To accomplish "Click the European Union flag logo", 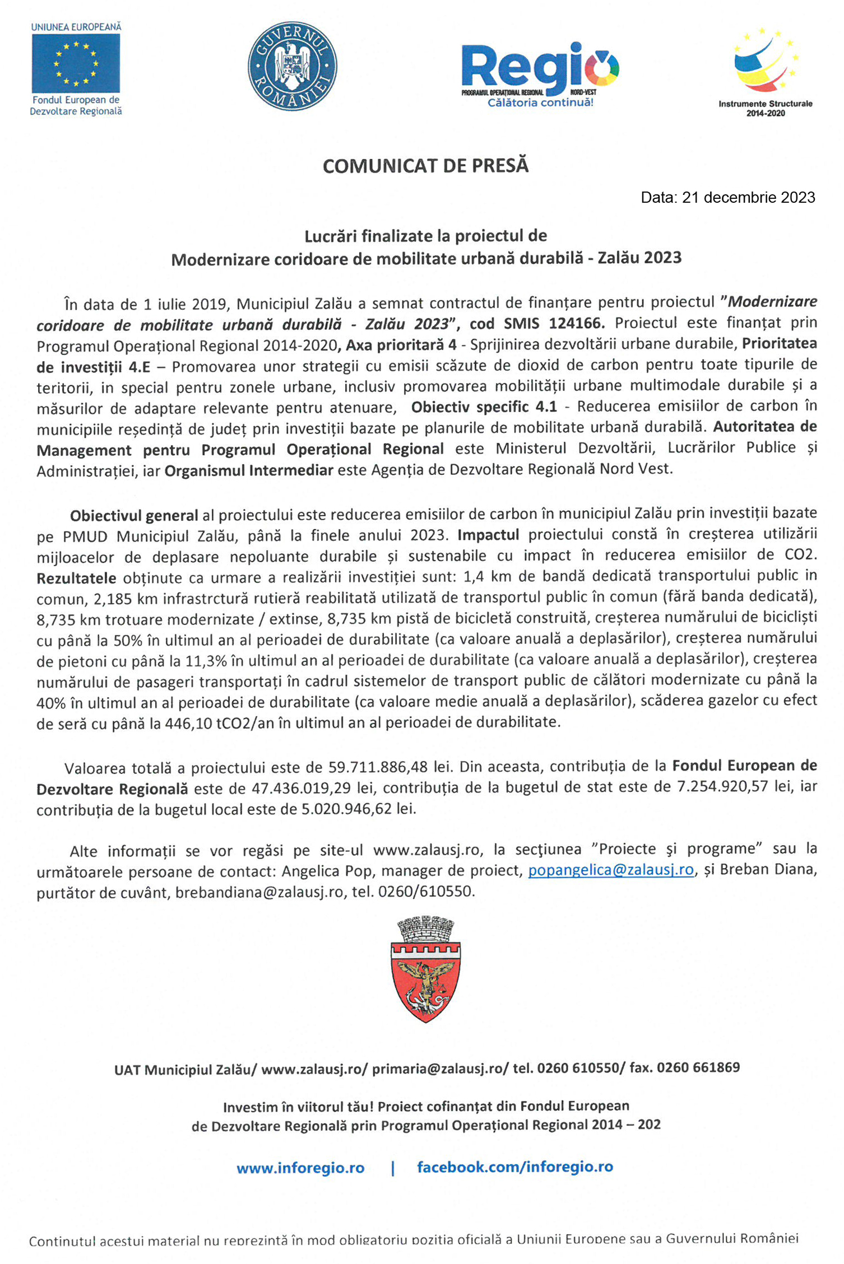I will (76, 63).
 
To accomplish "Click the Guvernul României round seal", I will (292, 66).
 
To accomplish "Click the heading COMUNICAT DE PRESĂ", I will (425, 166).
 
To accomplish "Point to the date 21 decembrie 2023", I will (748, 198).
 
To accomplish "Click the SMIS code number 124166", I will (576, 323).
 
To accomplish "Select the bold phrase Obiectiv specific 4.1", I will (484, 407).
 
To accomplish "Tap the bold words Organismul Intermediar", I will (249, 470).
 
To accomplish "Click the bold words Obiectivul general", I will (134, 515).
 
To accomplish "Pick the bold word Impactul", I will (488, 535).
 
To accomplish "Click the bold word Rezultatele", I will (76, 578).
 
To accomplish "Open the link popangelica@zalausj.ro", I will (611, 870).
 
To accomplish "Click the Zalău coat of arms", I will (425, 970).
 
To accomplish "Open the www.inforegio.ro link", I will (300, 1168).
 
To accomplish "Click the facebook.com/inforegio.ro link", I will (515, 1167).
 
